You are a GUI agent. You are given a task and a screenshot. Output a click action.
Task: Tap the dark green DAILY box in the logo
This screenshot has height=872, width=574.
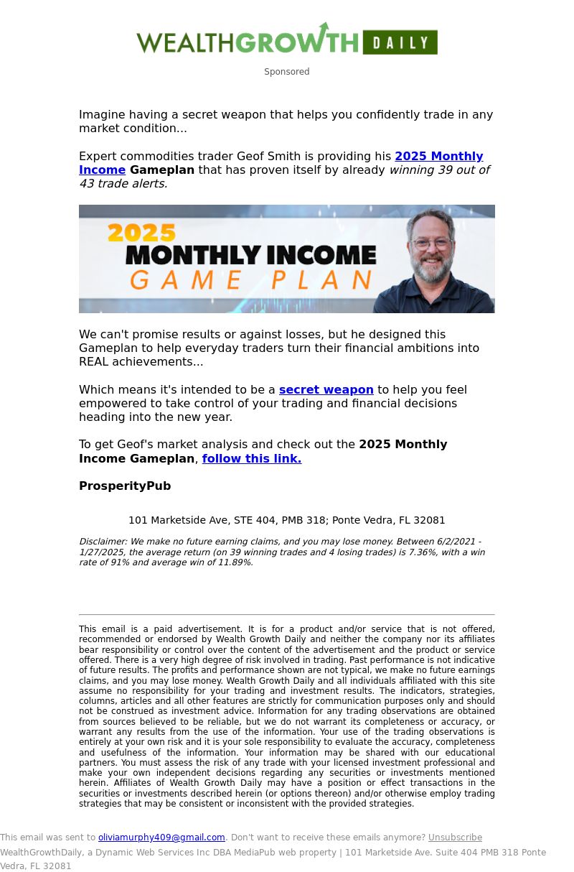point(400,42)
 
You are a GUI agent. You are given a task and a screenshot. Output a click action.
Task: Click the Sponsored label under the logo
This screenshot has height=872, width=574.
point(286,72)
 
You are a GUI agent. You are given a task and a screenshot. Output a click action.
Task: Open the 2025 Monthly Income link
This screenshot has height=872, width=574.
point(438,157)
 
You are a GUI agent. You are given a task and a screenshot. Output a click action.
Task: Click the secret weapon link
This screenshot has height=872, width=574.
point(326,390)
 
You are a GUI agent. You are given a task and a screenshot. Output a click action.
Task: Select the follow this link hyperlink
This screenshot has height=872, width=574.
point(251,459)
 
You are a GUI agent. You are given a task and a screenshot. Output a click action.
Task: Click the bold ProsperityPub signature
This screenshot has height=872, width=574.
point(125,486)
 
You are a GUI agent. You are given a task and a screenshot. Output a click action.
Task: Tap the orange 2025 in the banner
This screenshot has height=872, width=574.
point(141,233)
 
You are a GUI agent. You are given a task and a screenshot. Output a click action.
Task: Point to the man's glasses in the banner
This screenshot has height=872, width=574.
point(433,244)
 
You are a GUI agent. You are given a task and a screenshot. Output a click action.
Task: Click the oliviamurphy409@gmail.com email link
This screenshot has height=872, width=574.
point(161,838)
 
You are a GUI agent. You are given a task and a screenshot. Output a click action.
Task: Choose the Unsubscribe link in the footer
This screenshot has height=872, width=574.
point(455,838)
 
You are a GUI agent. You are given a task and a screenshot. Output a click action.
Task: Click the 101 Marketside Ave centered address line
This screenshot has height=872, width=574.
point(286,520)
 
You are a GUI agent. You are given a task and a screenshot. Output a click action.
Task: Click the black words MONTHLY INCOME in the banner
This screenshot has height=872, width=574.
point(250,254)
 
